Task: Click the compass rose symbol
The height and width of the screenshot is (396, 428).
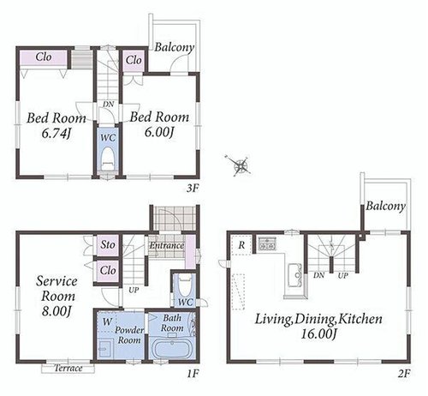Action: click(x=241, y=165)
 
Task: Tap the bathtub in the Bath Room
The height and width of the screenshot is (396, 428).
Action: click(x=172, y=348)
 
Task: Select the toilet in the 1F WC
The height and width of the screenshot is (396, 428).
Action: click(x=185, y=285)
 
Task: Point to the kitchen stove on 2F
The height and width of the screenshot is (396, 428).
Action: click(x=267, y=244)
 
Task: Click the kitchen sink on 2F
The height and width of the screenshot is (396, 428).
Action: click(x=295, y=275)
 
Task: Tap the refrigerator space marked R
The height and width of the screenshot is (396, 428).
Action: click(x=241, y=245)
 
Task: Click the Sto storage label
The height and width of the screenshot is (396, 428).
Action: click(x=108, y=244)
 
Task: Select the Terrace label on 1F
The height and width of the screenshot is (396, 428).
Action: click(x=68, y=368)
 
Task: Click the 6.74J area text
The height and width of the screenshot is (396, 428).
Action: click(x=56, y=134)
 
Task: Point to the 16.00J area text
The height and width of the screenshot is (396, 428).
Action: click(x=319, y=333)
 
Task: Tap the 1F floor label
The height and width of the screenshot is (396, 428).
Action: click(x=193, y=374)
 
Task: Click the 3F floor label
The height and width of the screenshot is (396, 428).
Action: click(x=193, y=189)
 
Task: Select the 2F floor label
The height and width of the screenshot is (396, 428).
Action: click(x=404, y=374)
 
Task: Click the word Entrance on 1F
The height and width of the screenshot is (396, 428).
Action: click(x=167, y=245)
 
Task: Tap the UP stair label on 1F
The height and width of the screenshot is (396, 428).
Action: click(x=134, y=291)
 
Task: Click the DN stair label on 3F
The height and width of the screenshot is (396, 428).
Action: click(x=108, y=105)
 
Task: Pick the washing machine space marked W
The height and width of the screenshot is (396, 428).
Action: click(x=107, y=322)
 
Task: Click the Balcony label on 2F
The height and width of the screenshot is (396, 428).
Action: click(x=386, y=207)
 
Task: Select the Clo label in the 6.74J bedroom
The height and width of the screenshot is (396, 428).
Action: click(x=44, y=57)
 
